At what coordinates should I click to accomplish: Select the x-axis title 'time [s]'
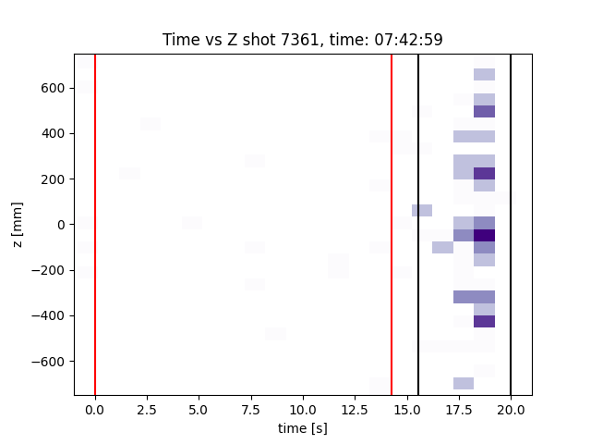pos(303,428)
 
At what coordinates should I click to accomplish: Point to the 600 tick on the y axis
pos(58,88)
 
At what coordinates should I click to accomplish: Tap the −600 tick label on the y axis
pos(54,361)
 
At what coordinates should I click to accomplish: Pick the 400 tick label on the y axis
pos(58,133)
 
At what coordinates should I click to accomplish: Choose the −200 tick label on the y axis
pos(54,270)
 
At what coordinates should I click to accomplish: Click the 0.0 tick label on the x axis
pos(95,408)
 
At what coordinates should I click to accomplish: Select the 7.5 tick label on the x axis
pos(250,408)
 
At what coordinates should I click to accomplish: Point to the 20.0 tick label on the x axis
pos(511,408)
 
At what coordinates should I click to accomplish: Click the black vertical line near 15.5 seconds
pos(418,277)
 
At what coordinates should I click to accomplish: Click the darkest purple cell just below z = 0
pos(484,235)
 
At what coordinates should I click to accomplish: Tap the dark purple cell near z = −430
pos(484,322)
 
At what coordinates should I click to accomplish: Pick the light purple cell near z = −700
pos(464,383)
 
